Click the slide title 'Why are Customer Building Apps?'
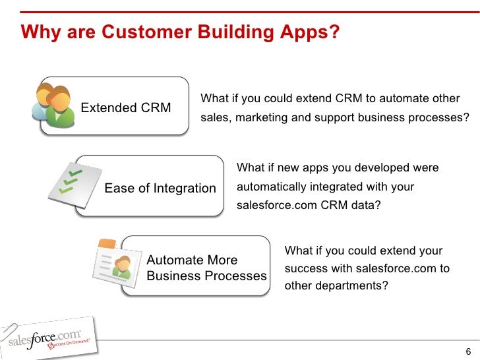tap(180, 32)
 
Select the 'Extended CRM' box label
tap(126, 107)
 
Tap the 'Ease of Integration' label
tap(160, 189)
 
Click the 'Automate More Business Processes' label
tap(206, 268)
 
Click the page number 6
tap(468, 351)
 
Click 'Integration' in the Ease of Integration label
tap(185, 189)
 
